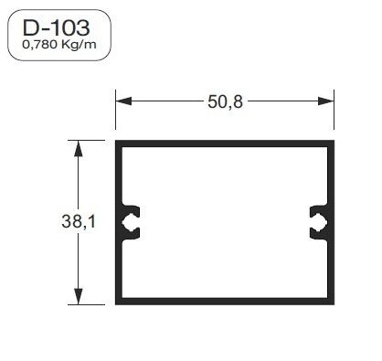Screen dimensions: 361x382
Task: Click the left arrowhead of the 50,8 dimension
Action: pyautogui.click(x=121, y=101)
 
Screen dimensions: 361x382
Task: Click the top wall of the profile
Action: pyautogui.click(x=223, y=143)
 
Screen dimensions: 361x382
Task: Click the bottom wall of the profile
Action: pyautogui.click(x=223, y=302)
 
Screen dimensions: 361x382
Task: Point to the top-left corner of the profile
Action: pyautogui.click(x=117, y=142)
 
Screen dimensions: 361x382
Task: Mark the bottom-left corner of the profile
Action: pyautogui.click(x=117, y=303)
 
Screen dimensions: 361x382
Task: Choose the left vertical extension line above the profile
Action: pyautogui.click(x=115, y=114)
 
